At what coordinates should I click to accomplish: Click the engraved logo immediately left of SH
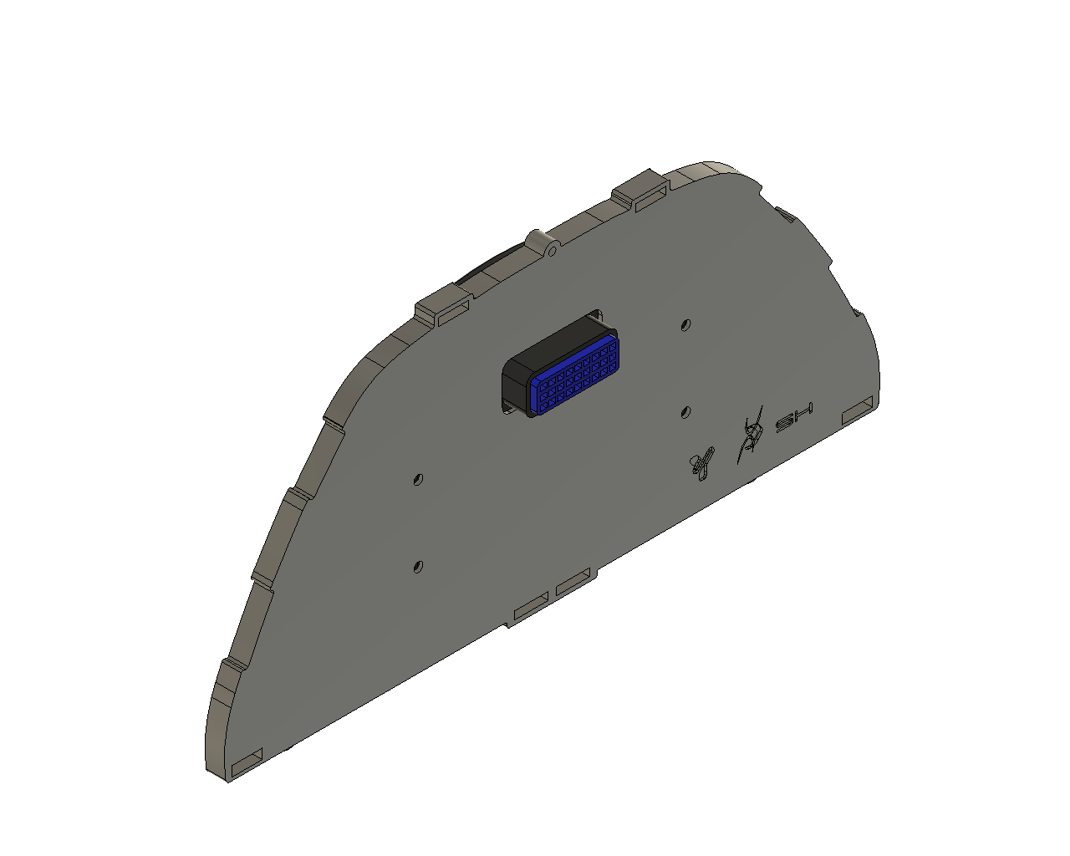751,435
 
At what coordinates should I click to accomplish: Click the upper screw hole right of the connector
685,324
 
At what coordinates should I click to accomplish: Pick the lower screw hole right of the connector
685,411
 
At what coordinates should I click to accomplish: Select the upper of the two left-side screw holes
419,479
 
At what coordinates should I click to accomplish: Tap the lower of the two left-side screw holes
418,567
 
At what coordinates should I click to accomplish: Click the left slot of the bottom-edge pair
531,606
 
